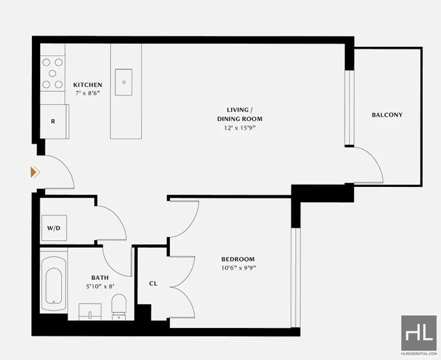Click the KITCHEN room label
point(88,85)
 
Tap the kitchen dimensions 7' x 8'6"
point(88,93)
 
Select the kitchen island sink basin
point(123,82)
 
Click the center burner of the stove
point(52,73)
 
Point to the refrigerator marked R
point(54,121)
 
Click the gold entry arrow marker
point(35,172)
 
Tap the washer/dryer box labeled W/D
point(54,228)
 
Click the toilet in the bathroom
point(119,307)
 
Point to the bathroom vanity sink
point(90,311)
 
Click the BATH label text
point(100,278)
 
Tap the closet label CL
point(153,283)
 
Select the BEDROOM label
point(238,259)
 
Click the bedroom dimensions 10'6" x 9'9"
point(239,268)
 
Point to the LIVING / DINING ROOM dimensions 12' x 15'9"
point(240,128)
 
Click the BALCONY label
point(387,115)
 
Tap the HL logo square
point(419,333)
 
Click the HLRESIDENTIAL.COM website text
point(419,353)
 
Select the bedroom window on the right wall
point(295,278)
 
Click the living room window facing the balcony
point(349,108)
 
